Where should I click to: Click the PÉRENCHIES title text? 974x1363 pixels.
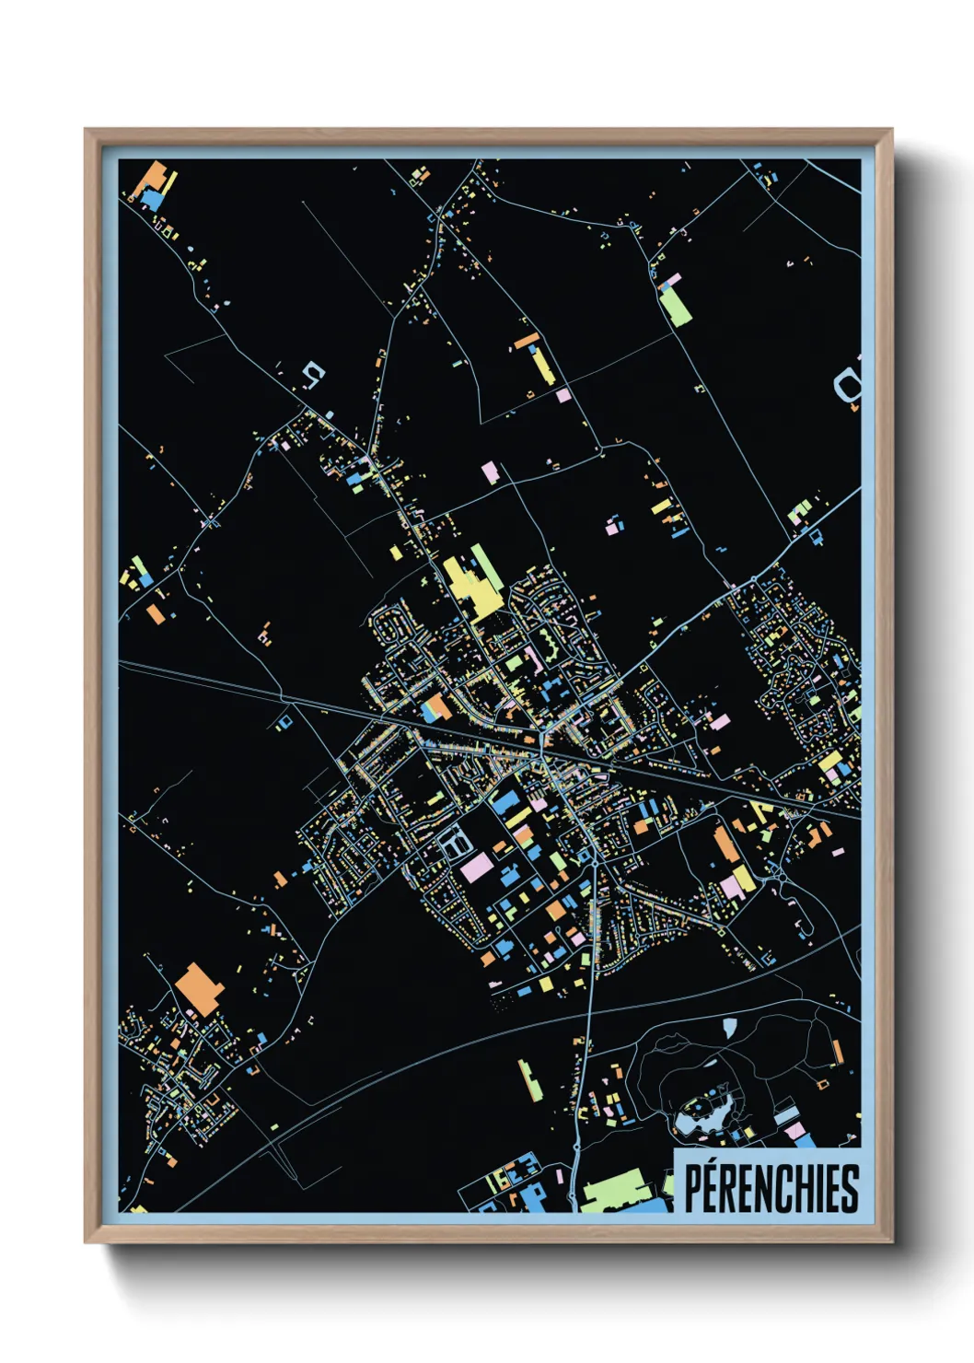[771, 1187]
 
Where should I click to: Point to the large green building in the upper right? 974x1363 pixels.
[677, 306]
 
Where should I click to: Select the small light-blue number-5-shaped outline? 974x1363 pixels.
[314, 373]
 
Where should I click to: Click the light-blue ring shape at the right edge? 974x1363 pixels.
[847, 385]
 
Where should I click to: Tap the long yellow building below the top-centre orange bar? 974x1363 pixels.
[540, 366]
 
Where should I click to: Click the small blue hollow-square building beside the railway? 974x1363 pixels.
[284, 719]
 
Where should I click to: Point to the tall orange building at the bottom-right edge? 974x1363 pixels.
[837, 1052]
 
